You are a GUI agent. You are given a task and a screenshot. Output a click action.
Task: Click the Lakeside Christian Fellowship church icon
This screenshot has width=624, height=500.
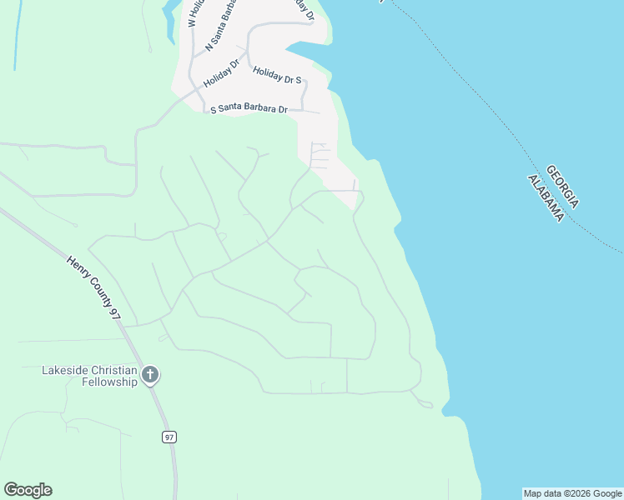150,374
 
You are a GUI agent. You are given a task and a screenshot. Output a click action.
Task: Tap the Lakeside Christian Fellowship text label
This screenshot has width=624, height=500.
89,376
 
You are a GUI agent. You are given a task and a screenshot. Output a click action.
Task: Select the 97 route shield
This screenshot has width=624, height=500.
169,437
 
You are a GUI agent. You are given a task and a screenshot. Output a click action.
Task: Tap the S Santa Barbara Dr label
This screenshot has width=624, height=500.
249,109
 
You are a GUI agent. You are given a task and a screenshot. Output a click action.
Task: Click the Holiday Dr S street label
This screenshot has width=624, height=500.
277,77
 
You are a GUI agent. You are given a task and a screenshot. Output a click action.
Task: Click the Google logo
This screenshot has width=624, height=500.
28,490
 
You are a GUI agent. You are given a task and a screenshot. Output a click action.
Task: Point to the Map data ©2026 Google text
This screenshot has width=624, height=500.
572,493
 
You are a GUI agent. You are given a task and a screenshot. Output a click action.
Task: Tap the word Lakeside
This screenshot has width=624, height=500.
65,369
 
